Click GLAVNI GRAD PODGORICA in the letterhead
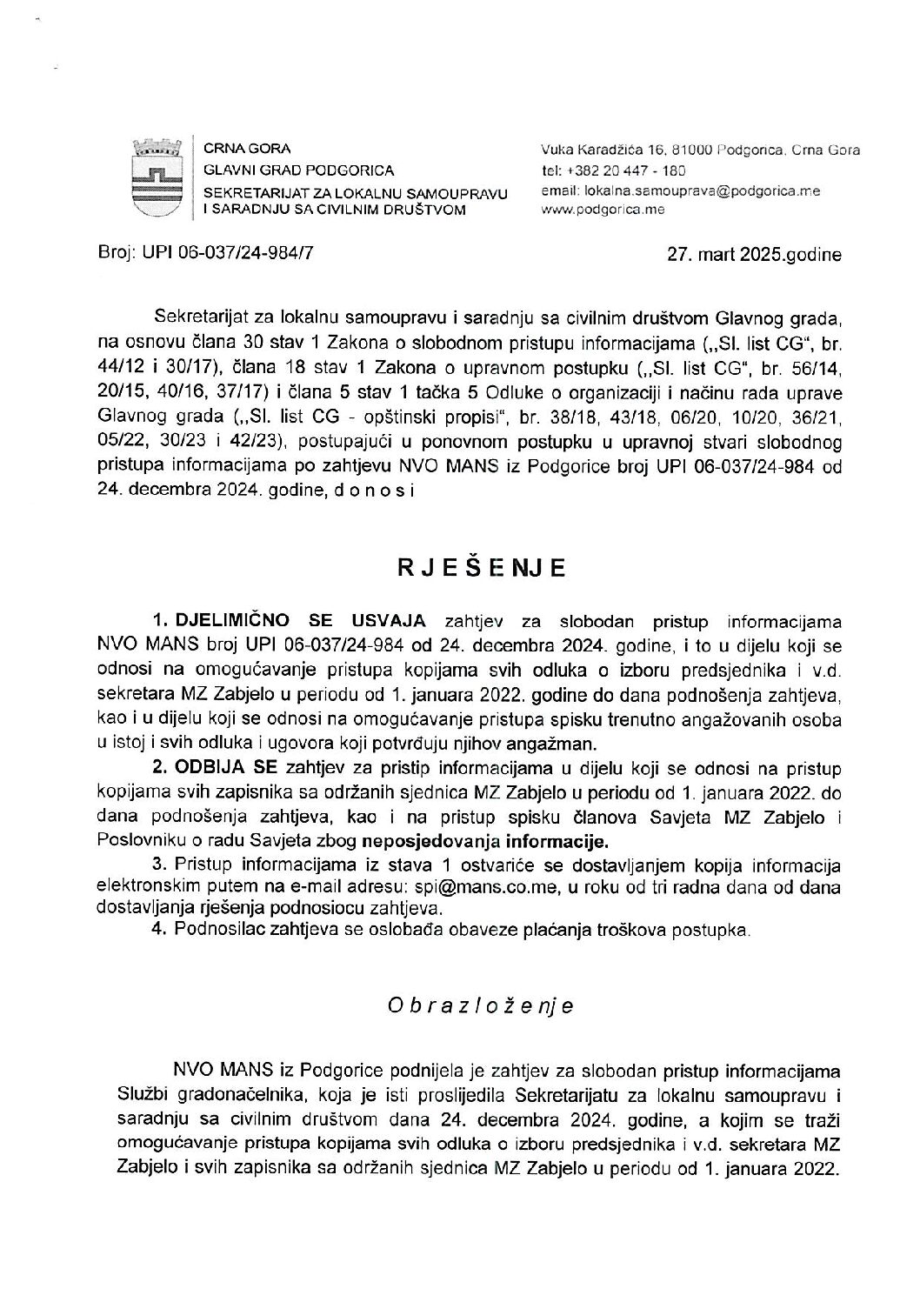pos(298,170)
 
